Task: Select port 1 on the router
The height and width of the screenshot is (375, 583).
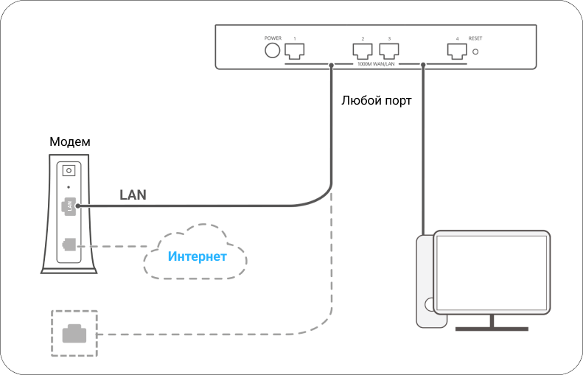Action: (x=295, y=50)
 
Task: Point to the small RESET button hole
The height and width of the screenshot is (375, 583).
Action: (x=477, y=51)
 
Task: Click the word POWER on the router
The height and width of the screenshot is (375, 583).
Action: (x=273, y=38)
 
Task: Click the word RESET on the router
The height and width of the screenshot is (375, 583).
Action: (x=475, y=38)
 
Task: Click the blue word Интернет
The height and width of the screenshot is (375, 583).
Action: (x=196, y=256)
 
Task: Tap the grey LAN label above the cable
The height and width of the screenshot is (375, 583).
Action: (x=133, y=194)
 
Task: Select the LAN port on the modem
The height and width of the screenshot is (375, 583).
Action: (x=69, y=206)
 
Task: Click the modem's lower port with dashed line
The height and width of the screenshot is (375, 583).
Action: (x=69, y=244)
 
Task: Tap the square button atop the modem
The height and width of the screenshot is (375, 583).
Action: (x=69, y=169)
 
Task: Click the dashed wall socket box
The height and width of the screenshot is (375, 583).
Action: (x=74, y=334)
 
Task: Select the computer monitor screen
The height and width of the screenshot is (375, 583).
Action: (x=492, y=270)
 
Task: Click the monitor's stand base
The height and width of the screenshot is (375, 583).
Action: (x=492, y=328)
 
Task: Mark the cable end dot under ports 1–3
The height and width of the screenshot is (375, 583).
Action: (x=331, y=65)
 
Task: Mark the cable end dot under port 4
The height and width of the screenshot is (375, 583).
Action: (x=423, y=65)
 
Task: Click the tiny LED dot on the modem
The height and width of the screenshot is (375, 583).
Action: (x=69, y=185)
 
